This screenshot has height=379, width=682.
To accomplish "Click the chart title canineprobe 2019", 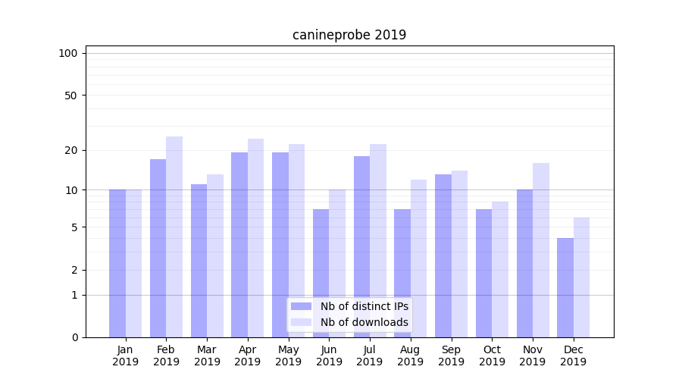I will click(349, 35).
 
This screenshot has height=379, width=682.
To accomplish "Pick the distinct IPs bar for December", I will click(565, 287).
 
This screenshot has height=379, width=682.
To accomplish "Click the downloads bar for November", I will click(540, 250).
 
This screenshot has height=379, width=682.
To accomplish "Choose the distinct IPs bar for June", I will click(321, 273).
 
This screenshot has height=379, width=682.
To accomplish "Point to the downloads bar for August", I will click(418, 258).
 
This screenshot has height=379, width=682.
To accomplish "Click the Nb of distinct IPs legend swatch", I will click(301, 306).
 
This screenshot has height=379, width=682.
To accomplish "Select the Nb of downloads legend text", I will click(364, 322).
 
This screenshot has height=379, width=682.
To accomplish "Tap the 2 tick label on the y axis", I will click(74, 270).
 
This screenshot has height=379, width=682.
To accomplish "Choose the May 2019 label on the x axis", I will click(288, 356).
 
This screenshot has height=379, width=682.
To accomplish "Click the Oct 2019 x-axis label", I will click(492, 356).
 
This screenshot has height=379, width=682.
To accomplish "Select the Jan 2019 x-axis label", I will click(125, 356).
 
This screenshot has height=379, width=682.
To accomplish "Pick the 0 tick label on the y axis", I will click(74, 337).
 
